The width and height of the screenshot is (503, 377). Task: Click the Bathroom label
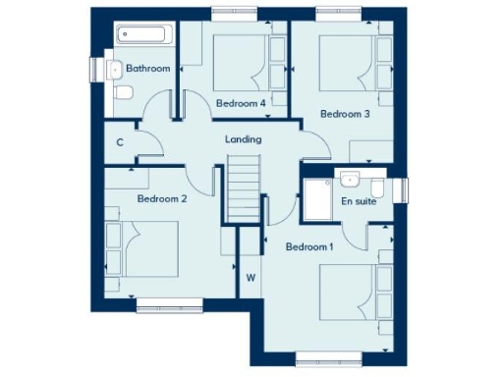click(x=148, y=69)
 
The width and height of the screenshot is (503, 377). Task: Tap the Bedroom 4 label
click(x=241, y=102)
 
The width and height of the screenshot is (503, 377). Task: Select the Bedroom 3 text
click(x=345, y=114)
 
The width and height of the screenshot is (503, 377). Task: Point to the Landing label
click(x=244, y=139)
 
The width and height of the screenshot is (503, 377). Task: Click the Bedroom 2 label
click(x=162, y=198)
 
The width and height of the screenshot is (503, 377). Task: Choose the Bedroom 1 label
click(x=309, y=247)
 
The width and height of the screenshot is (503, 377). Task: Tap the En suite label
click(x=359, y=201)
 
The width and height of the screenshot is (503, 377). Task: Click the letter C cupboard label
click(x=120, y=142)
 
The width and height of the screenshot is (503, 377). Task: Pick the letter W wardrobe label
click(x=251, y=278)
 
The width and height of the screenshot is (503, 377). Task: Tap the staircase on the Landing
click(x=244, y=191)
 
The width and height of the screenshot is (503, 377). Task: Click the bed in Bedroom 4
click(x=244, y=62)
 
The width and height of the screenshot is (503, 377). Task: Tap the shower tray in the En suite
click(x=318, y=201)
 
